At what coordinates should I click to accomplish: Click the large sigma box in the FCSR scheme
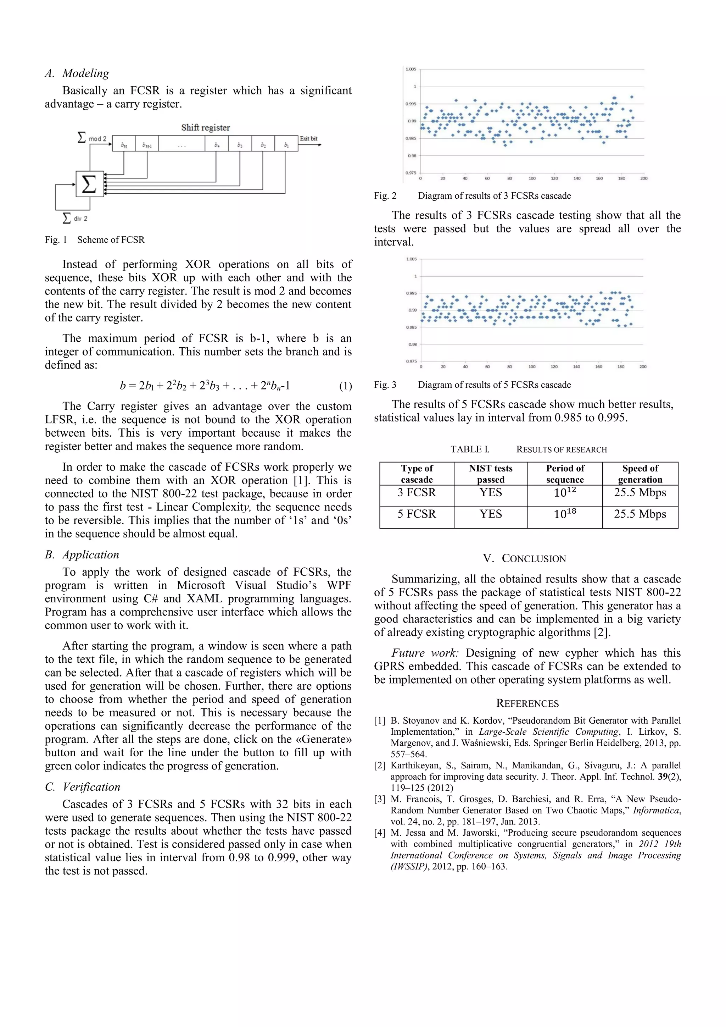[x=89, y=184]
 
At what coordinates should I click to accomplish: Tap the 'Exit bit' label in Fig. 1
[x=308, y=139]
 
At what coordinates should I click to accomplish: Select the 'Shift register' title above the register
[x=205, y=127]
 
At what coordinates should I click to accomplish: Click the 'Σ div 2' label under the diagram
[x=75, y=218]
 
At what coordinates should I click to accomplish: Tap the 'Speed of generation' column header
[x=640, y=474]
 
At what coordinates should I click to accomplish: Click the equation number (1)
[x=345, y=386]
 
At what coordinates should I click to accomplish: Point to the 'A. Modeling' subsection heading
[x=77, y=73]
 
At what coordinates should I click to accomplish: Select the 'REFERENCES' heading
[x=527, y=703]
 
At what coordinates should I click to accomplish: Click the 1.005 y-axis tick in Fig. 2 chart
[x=411, y=69]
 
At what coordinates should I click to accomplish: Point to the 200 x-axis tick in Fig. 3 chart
[x=643, y=367]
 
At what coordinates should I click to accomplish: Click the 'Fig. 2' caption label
[x=385, y=196]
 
